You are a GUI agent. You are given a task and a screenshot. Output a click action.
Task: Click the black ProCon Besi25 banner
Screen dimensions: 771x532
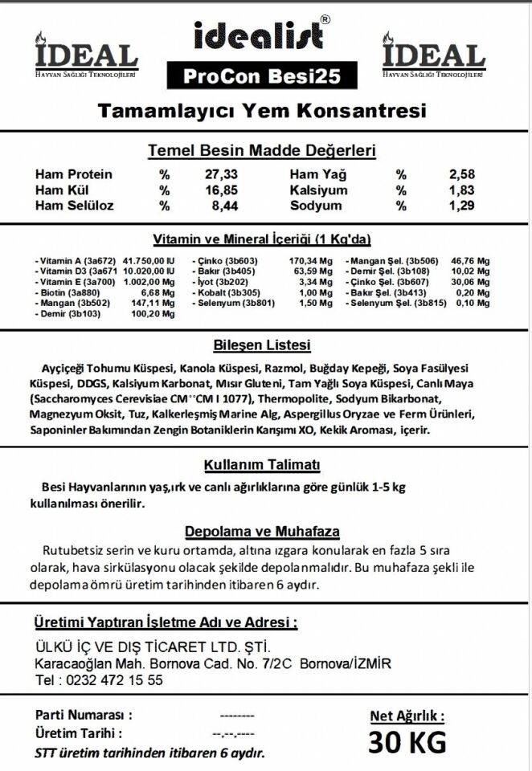[x=261, y=76]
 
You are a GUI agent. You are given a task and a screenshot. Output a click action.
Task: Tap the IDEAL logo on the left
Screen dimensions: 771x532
[x=86, y=56]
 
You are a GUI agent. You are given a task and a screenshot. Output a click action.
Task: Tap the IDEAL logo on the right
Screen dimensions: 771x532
[x=433, y=56]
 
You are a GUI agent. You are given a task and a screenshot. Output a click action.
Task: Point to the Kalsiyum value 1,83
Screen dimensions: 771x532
[x=462, y=190]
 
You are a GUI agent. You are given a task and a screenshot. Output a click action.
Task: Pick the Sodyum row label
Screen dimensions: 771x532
[x=316, y=206]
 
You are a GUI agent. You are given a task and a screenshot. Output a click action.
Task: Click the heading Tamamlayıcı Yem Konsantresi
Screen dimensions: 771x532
[x=261, y=110]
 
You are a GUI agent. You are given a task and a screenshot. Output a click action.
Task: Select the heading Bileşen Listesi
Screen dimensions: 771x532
[x=261, y=346]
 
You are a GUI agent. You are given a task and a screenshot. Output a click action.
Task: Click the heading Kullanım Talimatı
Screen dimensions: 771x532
[x=261, y=467]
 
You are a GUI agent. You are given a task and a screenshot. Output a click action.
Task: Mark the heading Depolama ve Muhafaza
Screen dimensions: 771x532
[x=262, y=532]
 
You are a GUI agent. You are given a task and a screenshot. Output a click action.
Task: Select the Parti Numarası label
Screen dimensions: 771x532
[x=84, y=715]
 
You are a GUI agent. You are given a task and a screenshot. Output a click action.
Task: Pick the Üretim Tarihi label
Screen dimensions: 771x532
[x=79, y=733]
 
